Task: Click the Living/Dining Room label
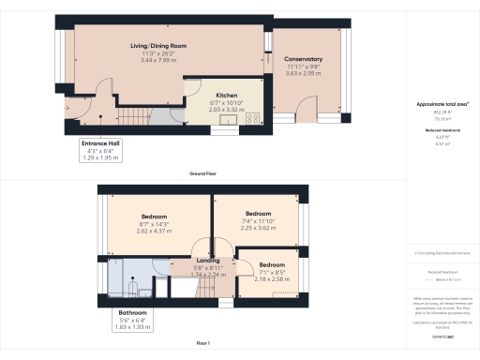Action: point(158,45)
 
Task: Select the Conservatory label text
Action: point(303,59)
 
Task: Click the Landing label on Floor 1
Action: point(207,260)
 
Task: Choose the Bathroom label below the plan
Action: point(132,311)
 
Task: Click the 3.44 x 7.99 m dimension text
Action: point(158,60)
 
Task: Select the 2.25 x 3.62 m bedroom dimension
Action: point(258,227)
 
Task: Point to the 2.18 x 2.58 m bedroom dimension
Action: point(271,279)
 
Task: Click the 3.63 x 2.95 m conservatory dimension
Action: point(303,72)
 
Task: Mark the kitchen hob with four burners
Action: point(252,117)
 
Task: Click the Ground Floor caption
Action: point(203,175)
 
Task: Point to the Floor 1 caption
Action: point(203,346)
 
